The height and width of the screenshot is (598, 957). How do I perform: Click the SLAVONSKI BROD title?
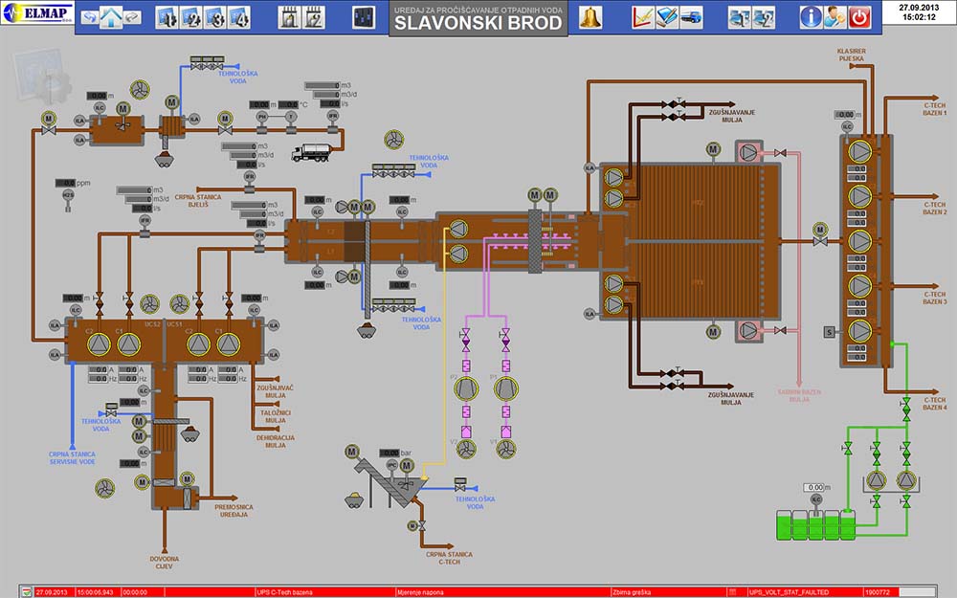(x=478, y=23)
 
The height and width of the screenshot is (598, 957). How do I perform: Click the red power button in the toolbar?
(x=860, y=16)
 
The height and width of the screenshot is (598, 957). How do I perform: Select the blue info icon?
(x=811, y=16)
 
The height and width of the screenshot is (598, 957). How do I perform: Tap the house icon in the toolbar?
(x=112, y=17)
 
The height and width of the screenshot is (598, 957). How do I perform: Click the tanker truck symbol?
(x=311, y=151)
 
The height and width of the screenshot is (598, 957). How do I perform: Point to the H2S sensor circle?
(x=68, y=194)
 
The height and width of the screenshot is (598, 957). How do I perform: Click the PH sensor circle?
(x=261, y=117)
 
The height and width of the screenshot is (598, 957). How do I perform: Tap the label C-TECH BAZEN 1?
(x=935, y=110)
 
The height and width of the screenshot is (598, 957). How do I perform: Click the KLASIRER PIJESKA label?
(x=851, y=54)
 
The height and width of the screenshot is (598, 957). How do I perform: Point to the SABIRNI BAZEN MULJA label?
(x=799, y=395)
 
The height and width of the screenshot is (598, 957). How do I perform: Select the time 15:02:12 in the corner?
(x=918, y=17)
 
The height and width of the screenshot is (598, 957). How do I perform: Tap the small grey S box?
(x=830, y=332)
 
